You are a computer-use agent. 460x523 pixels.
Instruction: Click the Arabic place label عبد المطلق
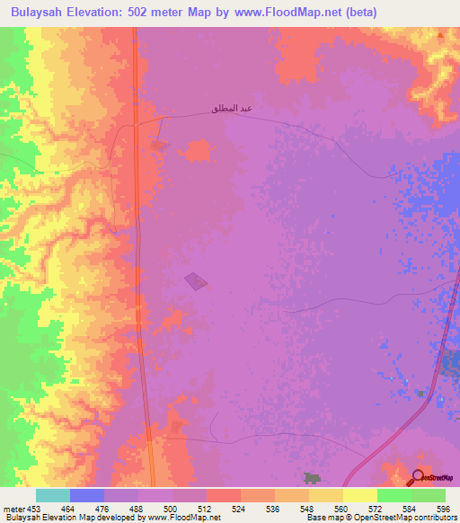pyautogui.click(x=230, y=110)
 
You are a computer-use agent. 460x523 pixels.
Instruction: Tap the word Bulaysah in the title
pyautogui.click(x=38, y=12)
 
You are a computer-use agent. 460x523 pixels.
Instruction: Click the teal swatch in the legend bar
pyautogui.click(x=53, y=495)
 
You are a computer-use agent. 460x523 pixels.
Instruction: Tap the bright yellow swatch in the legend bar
pyautogui.click(x=359, y=495)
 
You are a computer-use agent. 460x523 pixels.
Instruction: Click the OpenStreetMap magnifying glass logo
pyautogui.click(x=417, y=476)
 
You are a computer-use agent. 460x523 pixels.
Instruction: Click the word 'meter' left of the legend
pyautogui.click(x=14, y=508)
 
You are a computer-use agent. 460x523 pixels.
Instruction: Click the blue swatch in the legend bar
pyautogui.click(x=87, y=495)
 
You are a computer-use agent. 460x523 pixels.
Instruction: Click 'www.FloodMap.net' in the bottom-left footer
pyautogui.click(x=174, y=518)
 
